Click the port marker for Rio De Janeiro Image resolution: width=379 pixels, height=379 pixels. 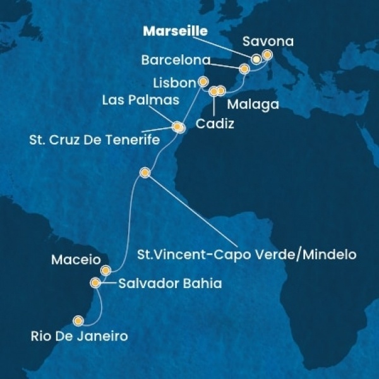(x=79, y=320)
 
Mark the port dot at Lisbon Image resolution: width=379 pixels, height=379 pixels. (x=203, y=81)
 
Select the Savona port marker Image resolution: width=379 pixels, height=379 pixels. (x=267, y=55)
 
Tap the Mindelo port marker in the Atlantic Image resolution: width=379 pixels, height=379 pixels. (x=145, y=172)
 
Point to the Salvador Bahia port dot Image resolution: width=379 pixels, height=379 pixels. (x=95, y=283)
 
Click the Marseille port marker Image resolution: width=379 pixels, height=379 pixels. (x=256, y=59)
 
